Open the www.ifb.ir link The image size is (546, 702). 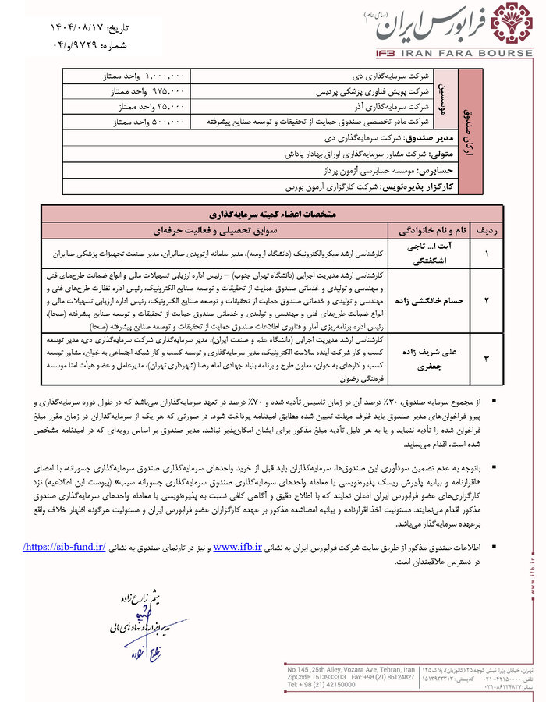tap(238, 547)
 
